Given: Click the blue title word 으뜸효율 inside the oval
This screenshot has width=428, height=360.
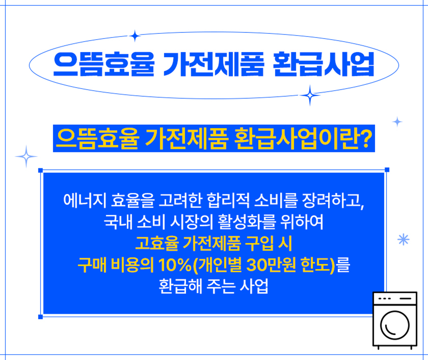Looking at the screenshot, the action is pyautogui.click(x=104, y=64).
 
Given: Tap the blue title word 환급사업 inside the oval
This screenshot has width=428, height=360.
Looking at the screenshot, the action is pyautogui.click(x=324, y=64).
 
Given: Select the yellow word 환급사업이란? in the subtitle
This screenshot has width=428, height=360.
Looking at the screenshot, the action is pyautogui.click(x=303, y=138).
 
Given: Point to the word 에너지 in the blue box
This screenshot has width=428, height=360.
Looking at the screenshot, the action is pyautogui.click(x=85, y=200).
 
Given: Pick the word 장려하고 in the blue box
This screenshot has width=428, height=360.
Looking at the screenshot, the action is pyautogui.click(x=331, y=200).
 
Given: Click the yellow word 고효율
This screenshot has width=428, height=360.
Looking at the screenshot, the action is pyautogui.click(x=157, y=243).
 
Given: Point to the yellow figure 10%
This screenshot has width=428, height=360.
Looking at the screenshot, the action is pyautogui.click(x=175, y=265).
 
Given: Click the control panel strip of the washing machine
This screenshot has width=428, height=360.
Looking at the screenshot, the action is pyautogui.click(x=395, y=298).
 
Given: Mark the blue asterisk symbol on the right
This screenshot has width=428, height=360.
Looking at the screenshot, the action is pyautogui.click(x=403, y=240).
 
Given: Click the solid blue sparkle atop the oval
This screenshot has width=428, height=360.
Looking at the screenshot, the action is pyautogui.click(x=134, y=36).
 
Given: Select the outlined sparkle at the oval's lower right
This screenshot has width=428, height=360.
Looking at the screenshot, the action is pyautogui.click(x=310, y=95).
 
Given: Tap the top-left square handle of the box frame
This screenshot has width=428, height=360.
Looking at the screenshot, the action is pyautogui.click(x=41, y=171).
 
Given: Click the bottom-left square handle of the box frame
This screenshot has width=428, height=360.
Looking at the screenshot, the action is pyautogui.click(x=41, y=317).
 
